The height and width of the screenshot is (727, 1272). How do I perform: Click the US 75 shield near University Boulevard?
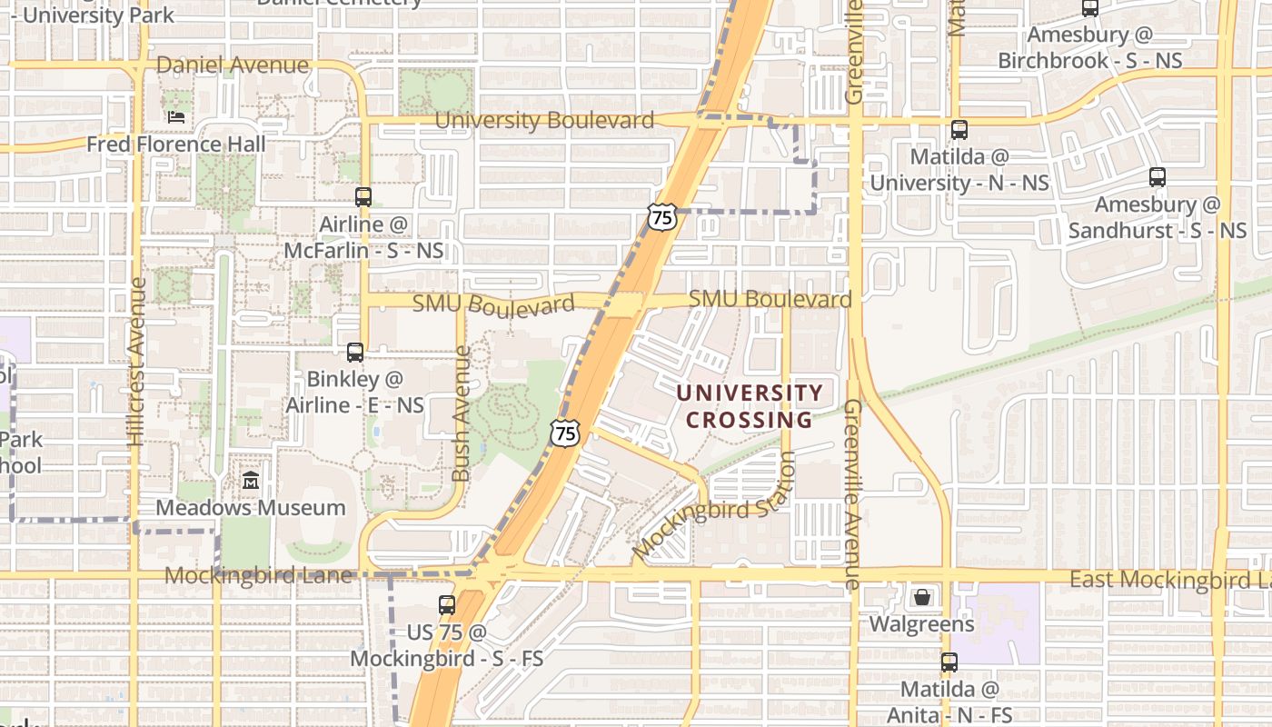pos(662,217)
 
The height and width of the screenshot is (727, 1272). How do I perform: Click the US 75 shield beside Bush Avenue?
pos(565,433)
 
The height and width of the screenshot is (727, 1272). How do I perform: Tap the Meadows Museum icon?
pos(251,480)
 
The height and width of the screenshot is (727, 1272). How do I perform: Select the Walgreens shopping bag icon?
pos(922,597)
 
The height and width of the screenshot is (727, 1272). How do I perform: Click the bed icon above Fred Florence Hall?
pos(176,117)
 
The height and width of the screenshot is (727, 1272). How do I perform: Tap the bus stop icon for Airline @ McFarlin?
pos(363,196)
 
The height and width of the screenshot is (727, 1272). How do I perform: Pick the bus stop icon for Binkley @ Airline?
pos(355,352)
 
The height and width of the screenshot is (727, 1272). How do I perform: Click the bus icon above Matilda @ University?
pos(959,130)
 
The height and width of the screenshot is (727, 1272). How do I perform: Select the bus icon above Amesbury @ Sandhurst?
pos(1158,177)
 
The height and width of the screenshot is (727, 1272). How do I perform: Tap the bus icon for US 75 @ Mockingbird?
pos(447,604)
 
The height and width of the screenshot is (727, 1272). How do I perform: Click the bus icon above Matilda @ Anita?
pos(949,662)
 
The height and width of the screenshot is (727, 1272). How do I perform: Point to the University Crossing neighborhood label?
pos(750,406)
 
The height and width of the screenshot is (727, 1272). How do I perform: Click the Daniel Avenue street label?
pos(233,65)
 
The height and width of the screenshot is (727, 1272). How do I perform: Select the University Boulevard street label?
pos(544,120)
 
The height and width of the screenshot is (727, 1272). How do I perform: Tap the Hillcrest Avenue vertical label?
pos(137,362)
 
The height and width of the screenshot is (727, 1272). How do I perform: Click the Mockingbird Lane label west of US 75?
pos(258,575)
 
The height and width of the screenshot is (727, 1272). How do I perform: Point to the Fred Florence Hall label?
pos(176,144)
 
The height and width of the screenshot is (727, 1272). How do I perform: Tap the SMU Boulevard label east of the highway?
pos(770,299)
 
